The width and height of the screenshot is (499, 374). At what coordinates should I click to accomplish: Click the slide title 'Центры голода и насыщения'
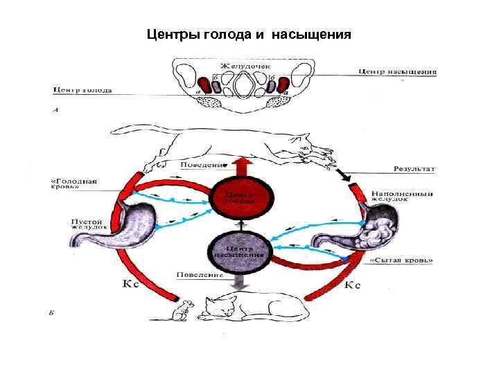249,34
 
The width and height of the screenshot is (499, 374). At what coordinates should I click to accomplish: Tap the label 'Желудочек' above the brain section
245,66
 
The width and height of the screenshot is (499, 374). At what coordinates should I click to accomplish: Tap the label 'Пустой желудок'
89,226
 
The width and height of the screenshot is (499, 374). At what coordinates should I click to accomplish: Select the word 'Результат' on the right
414,168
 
